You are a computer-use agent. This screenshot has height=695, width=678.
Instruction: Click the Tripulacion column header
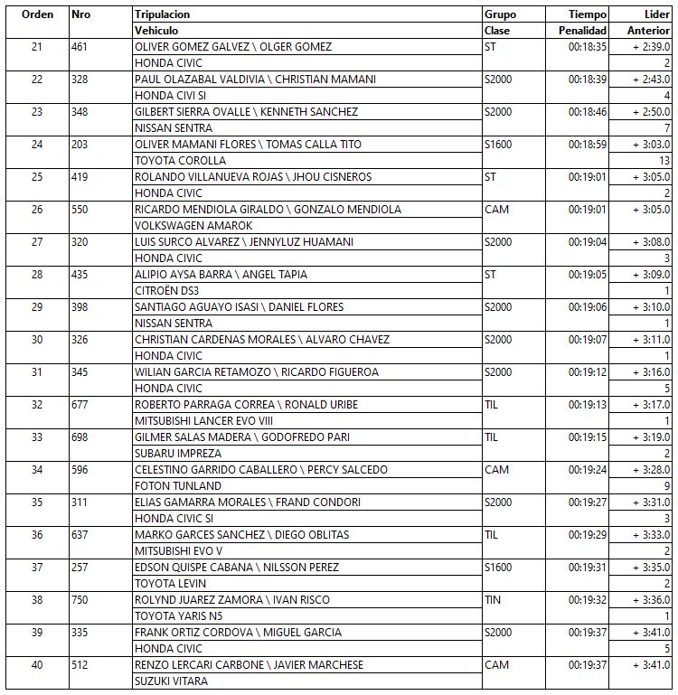point(163,14)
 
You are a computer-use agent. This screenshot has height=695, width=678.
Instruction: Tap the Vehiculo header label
point(156,31)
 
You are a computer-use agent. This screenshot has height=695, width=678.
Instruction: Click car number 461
point(80,47)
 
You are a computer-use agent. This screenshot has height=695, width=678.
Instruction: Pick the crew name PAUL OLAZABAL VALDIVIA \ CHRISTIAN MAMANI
point(255,80)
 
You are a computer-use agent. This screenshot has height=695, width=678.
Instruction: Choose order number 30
point(36,340)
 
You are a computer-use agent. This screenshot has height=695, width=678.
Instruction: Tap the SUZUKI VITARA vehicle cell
point(171,681)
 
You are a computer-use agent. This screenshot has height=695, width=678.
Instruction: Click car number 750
point(80,600)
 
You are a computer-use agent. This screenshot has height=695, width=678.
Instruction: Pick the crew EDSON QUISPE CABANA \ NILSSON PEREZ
point(237,568)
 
